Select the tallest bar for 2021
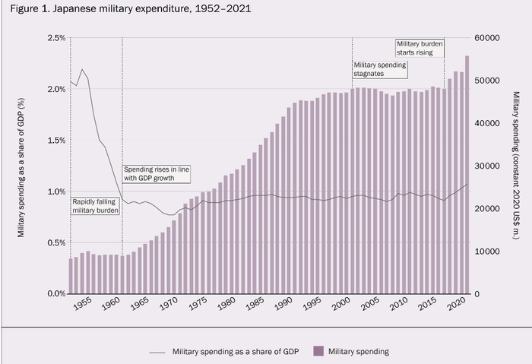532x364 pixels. coord(467,175)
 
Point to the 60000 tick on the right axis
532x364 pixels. coord(487,38)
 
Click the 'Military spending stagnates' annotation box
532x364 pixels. coord(381,69)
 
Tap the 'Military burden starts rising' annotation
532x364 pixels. coord(420,48)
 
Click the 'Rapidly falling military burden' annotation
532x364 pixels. coord(96,205)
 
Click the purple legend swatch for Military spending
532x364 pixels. coord(318,351)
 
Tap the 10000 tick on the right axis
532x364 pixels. coord(487,251)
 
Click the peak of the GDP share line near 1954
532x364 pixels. coord(82,69)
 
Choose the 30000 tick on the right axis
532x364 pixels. coord(487,166)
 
